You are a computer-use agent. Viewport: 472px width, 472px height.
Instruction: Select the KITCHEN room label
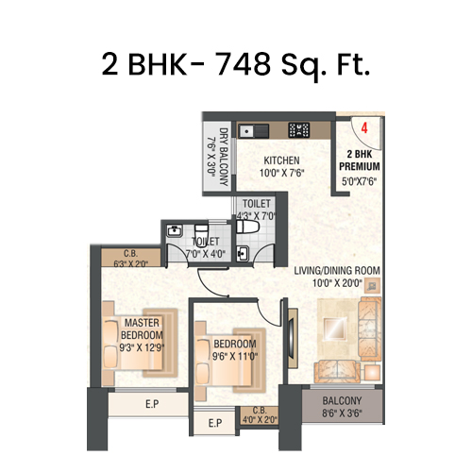pos(281,160)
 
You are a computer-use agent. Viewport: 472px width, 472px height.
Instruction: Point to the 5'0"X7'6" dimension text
pos(361,183)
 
